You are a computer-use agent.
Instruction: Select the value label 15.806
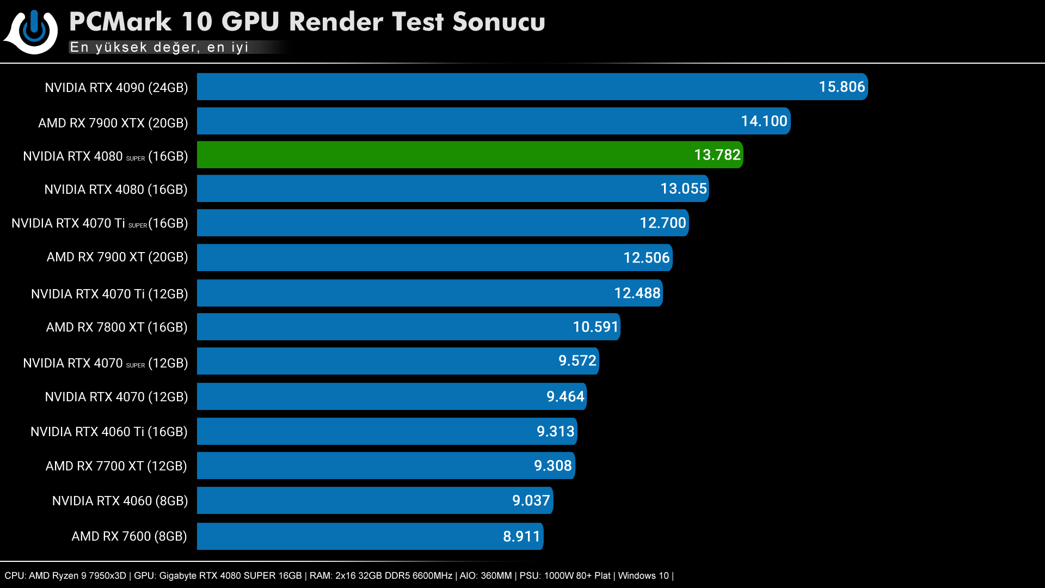click(841, 87)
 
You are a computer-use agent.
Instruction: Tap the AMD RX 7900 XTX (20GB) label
click(113, 123)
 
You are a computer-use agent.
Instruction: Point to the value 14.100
click(764, 121)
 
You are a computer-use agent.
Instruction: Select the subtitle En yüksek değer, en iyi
click(159, 47)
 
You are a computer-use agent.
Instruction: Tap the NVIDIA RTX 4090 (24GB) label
click(116, 88)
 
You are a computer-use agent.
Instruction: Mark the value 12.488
click(637, 293)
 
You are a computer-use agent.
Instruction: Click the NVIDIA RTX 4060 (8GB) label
click(120, 501)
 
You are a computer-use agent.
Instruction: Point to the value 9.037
click(531, 501)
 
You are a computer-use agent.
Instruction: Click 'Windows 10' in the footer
click(643, 575)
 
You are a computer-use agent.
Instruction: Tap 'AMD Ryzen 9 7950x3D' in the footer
click(77, 575)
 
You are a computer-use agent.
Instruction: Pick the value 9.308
click(552, 466)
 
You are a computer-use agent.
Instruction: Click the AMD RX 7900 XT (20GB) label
click(117, 257)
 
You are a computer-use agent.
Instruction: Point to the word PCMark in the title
click(120, 22)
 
